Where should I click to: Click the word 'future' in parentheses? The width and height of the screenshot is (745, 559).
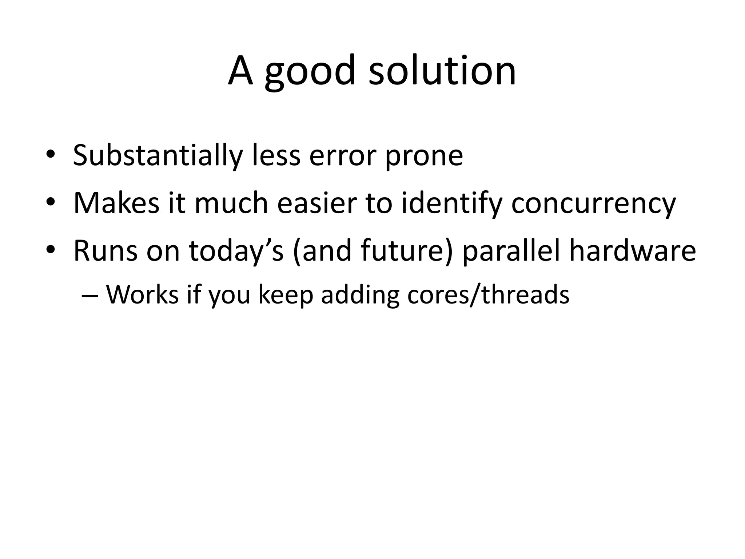coord(407,251)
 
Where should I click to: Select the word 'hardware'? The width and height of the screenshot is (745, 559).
coord(632,251)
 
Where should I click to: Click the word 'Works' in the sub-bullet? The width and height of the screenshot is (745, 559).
coord(142,294)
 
